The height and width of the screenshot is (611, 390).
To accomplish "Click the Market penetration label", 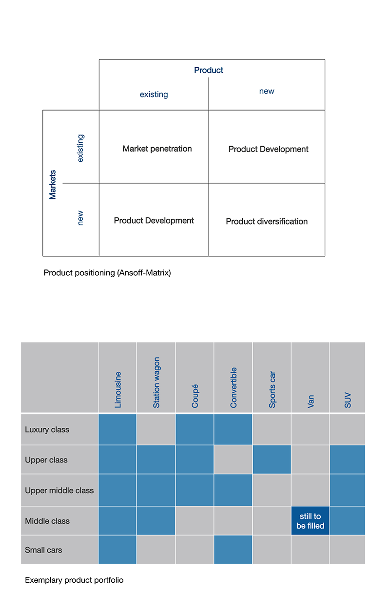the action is tap(157, 149).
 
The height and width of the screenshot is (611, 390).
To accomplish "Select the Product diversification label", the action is tap(267, 221).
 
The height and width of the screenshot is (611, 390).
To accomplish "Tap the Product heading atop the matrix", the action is tap(209, 70).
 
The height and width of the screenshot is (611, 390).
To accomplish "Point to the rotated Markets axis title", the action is tap(52, 185).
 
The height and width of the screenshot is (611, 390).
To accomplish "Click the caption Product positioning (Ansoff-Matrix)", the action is tap(107, 273).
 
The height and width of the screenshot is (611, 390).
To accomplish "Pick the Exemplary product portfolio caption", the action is tap(74, 580).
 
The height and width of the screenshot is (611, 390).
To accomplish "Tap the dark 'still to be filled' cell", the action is tap(311, 521).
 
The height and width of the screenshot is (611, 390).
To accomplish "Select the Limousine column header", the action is tap(117, 390).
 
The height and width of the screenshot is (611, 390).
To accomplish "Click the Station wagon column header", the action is tap(156, 382).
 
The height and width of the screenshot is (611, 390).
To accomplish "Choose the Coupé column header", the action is tap(195, 396).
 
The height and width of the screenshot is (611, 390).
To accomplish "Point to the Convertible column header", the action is tap(234, 388).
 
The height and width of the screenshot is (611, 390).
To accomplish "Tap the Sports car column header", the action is tap(272, 389).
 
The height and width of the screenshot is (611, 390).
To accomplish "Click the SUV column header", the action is tap(348, 400).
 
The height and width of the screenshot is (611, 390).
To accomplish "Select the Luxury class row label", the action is tap(47, 430).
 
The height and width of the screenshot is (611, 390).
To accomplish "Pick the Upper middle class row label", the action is tap(59, 491).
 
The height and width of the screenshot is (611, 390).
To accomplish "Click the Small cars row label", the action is tap(43, 550).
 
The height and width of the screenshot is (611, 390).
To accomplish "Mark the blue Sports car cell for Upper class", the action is tap(272, 459).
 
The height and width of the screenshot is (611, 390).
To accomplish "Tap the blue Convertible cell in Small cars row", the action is tap(233, 549).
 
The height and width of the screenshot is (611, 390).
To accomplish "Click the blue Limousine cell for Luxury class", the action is tap(117, 429).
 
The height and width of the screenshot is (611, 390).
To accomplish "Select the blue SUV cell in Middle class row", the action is tap(347, 521).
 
